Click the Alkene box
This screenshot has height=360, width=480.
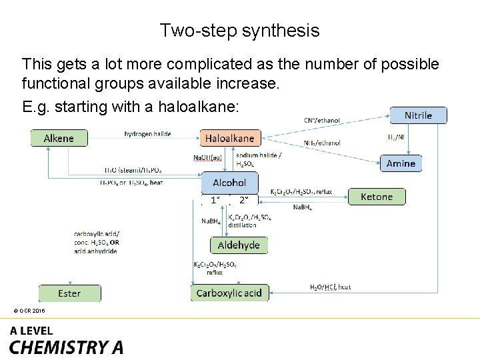[x=59, y=138]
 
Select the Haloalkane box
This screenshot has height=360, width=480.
[x=229, y=138]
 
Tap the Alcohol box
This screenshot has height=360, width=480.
[x=229, y=183]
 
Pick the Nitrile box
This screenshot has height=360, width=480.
[x=418, y=115]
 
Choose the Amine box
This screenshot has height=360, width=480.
[x=401, y=163]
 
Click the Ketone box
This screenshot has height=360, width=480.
[x=377, y=197]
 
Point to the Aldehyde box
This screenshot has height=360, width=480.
[x=239, y=245]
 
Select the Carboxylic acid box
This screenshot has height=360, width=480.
[x=229, y=293]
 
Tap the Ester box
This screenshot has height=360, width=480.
[x=69, y=293]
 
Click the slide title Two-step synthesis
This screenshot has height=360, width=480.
[x=239, y=31]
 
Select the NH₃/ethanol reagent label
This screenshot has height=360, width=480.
[x=321, y=143]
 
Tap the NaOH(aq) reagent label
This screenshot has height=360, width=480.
[x=208, y=159]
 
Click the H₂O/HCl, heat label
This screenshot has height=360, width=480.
[x=330, y=287]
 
